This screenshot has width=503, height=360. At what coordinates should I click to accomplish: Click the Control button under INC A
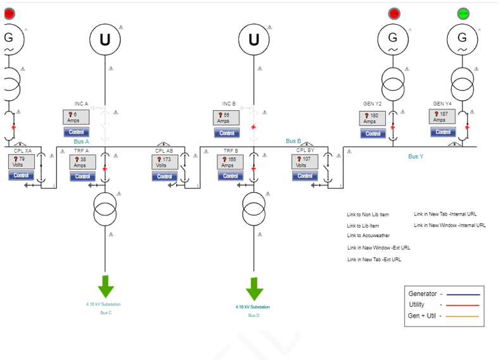76,132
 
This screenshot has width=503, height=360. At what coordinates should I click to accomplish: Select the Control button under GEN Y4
443,132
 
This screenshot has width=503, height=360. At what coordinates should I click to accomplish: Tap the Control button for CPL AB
164,176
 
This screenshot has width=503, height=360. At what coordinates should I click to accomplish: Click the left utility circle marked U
105,39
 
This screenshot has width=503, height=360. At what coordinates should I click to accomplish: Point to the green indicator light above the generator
463,13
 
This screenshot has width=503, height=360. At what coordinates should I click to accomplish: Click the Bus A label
82,141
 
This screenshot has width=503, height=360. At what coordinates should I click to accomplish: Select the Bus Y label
416,156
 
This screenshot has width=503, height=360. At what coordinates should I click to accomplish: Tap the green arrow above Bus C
106,286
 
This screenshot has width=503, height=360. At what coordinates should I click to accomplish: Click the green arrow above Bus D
254,288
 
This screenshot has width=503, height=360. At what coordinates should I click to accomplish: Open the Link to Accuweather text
368,236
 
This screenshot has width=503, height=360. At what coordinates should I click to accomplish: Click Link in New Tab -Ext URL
374,259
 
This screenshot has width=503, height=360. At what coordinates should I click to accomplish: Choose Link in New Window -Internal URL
450,225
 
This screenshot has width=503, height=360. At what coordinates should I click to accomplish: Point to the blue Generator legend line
463,294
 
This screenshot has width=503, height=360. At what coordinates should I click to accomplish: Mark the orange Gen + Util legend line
463,316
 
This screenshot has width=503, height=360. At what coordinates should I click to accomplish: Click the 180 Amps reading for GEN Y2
372,119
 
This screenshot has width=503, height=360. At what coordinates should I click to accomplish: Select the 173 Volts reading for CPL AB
164,162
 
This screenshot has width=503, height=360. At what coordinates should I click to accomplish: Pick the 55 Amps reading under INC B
226,117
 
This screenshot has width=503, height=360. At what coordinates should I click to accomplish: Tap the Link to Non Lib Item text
367,215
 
